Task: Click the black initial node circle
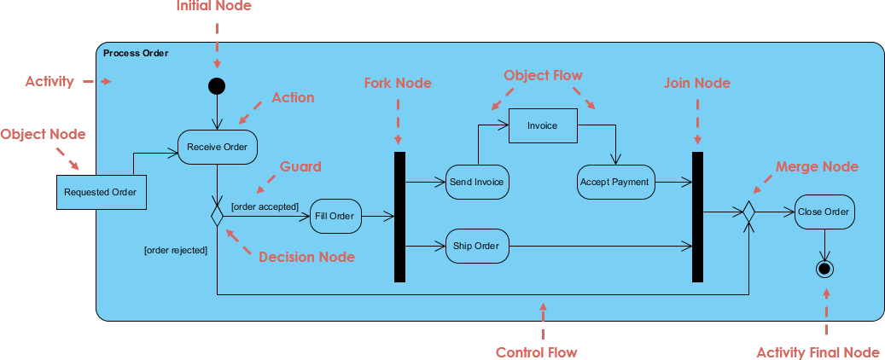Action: click(217, 85)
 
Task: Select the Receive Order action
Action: click(217, 147)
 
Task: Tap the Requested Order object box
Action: click(100, 192)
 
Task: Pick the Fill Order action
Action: click(335, 216)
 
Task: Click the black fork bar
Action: click(399, 217)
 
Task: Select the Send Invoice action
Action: click(477, 182)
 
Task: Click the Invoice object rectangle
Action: click(542, 125)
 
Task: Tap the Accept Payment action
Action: click(614, 182)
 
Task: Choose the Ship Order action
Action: click(477, 246)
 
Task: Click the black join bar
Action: click(697, 217)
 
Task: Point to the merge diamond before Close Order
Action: click(748, 212)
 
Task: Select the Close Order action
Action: click(824, 212)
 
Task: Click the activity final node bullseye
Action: click(824, 270)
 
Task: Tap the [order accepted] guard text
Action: click(265, 206)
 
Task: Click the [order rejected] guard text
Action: click(176, 250)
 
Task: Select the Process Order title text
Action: click(136, 53)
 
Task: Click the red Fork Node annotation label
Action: click(398, 83)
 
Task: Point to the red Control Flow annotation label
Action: click(536, 352)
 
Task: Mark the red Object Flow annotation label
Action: click(543, 75)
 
